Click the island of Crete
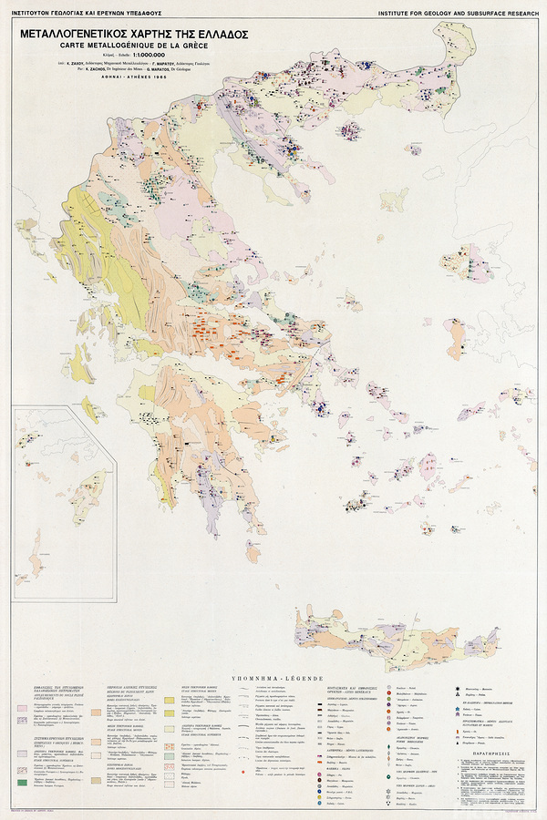pyautogui.click(x=365, y=633)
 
